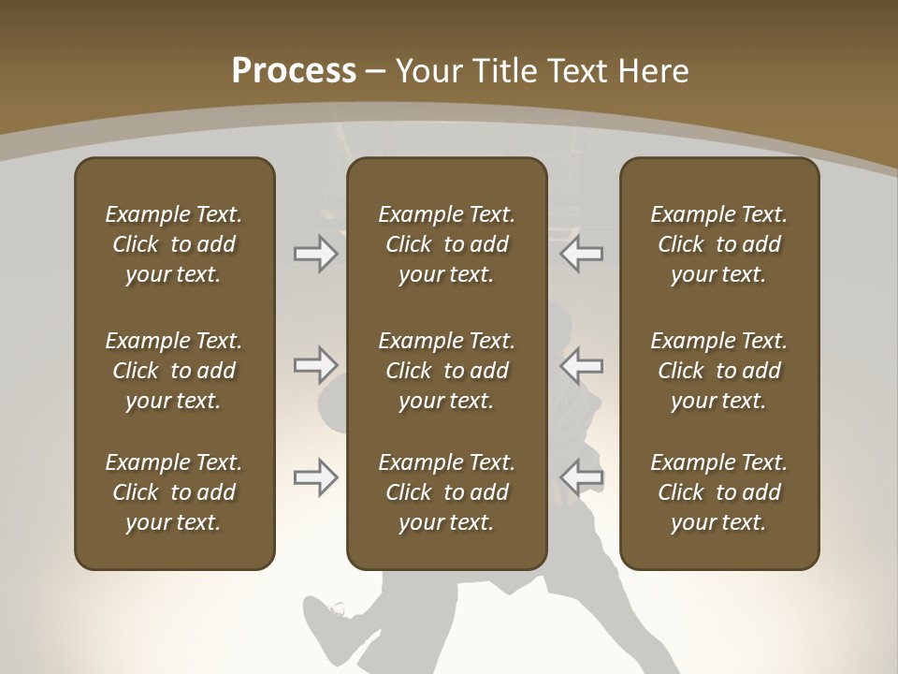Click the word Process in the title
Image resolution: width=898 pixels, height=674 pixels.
pyautogui.click(x=294, y=70)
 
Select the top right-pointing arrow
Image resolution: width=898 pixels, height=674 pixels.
pyautogui.click(x=316, y=254)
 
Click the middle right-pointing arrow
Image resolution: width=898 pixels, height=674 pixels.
pyautogui.click(x=316, y=364)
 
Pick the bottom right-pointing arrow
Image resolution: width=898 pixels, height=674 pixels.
pyautogui.click(x=316, y=477)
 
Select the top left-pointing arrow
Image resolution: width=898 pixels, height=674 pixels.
pyautogui.click(x=582, y=254)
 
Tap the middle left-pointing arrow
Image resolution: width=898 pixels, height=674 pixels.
pyautogui.click(x=582, y=364)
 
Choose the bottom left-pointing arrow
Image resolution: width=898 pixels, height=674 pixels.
pyautogui.click(x=582, y=477)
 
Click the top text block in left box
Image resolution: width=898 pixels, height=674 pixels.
pyautogui.click(x=174, y=244)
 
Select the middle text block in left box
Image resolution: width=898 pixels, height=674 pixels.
pyautogui.click(x=174, y=371)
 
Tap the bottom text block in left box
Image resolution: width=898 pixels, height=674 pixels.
pyautogui.click(x=174, y=492)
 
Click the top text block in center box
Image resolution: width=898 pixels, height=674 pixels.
pyautogui.click(x=446, y=244)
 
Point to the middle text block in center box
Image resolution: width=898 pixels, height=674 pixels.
pyautogui.click(x=446, y=371)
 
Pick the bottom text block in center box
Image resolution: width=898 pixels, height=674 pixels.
pyautogui.click(x=446, y=492)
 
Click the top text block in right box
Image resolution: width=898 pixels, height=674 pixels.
pyautogui.click(x=719, y=244)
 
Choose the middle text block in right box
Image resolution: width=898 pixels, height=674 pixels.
pyautogui.click(x=719, y=371)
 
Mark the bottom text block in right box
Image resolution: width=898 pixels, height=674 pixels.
pyautogui.click(x=719, y=492)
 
